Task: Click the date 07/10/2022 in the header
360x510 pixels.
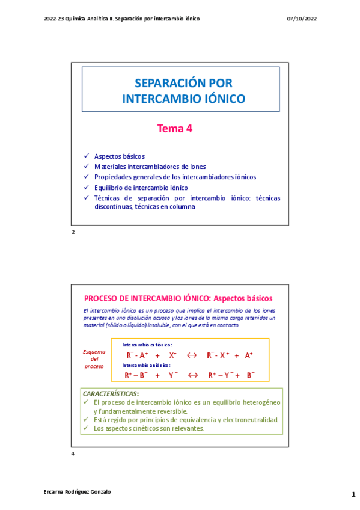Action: tap(302, 19)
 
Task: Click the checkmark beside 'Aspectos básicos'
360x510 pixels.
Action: tap(87, 156)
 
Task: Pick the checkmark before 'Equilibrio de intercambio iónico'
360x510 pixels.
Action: tap(87, 188)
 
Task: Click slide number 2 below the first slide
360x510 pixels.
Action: tap(73, 232)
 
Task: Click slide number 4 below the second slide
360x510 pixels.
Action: tap(73, 453)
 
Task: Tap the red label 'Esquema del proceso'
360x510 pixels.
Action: tap(94, 359)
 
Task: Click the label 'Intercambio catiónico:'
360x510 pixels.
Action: tap(147, 345)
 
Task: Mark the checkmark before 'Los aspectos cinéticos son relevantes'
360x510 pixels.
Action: tap(86, 428)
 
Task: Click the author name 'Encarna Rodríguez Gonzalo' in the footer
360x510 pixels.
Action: tap(78, 491)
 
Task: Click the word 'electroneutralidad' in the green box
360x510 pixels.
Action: tap(248, 420)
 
